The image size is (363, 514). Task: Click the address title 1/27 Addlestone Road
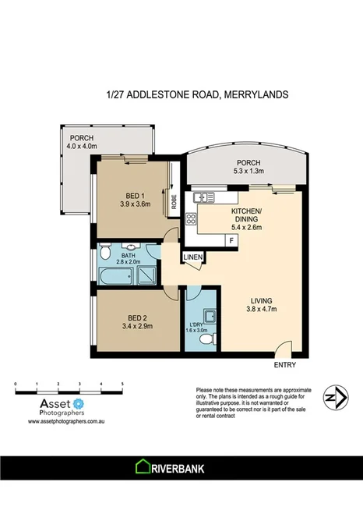coord(197,94)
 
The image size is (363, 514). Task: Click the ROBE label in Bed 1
coord(174,202)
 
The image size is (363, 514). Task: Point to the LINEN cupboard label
coord(193,257)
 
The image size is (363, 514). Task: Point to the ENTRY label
coord(284,364)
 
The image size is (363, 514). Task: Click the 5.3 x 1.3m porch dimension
coord(243,172)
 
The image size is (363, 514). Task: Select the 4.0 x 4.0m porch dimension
coord(81,145)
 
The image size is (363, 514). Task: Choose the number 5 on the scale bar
coord(123,383)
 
